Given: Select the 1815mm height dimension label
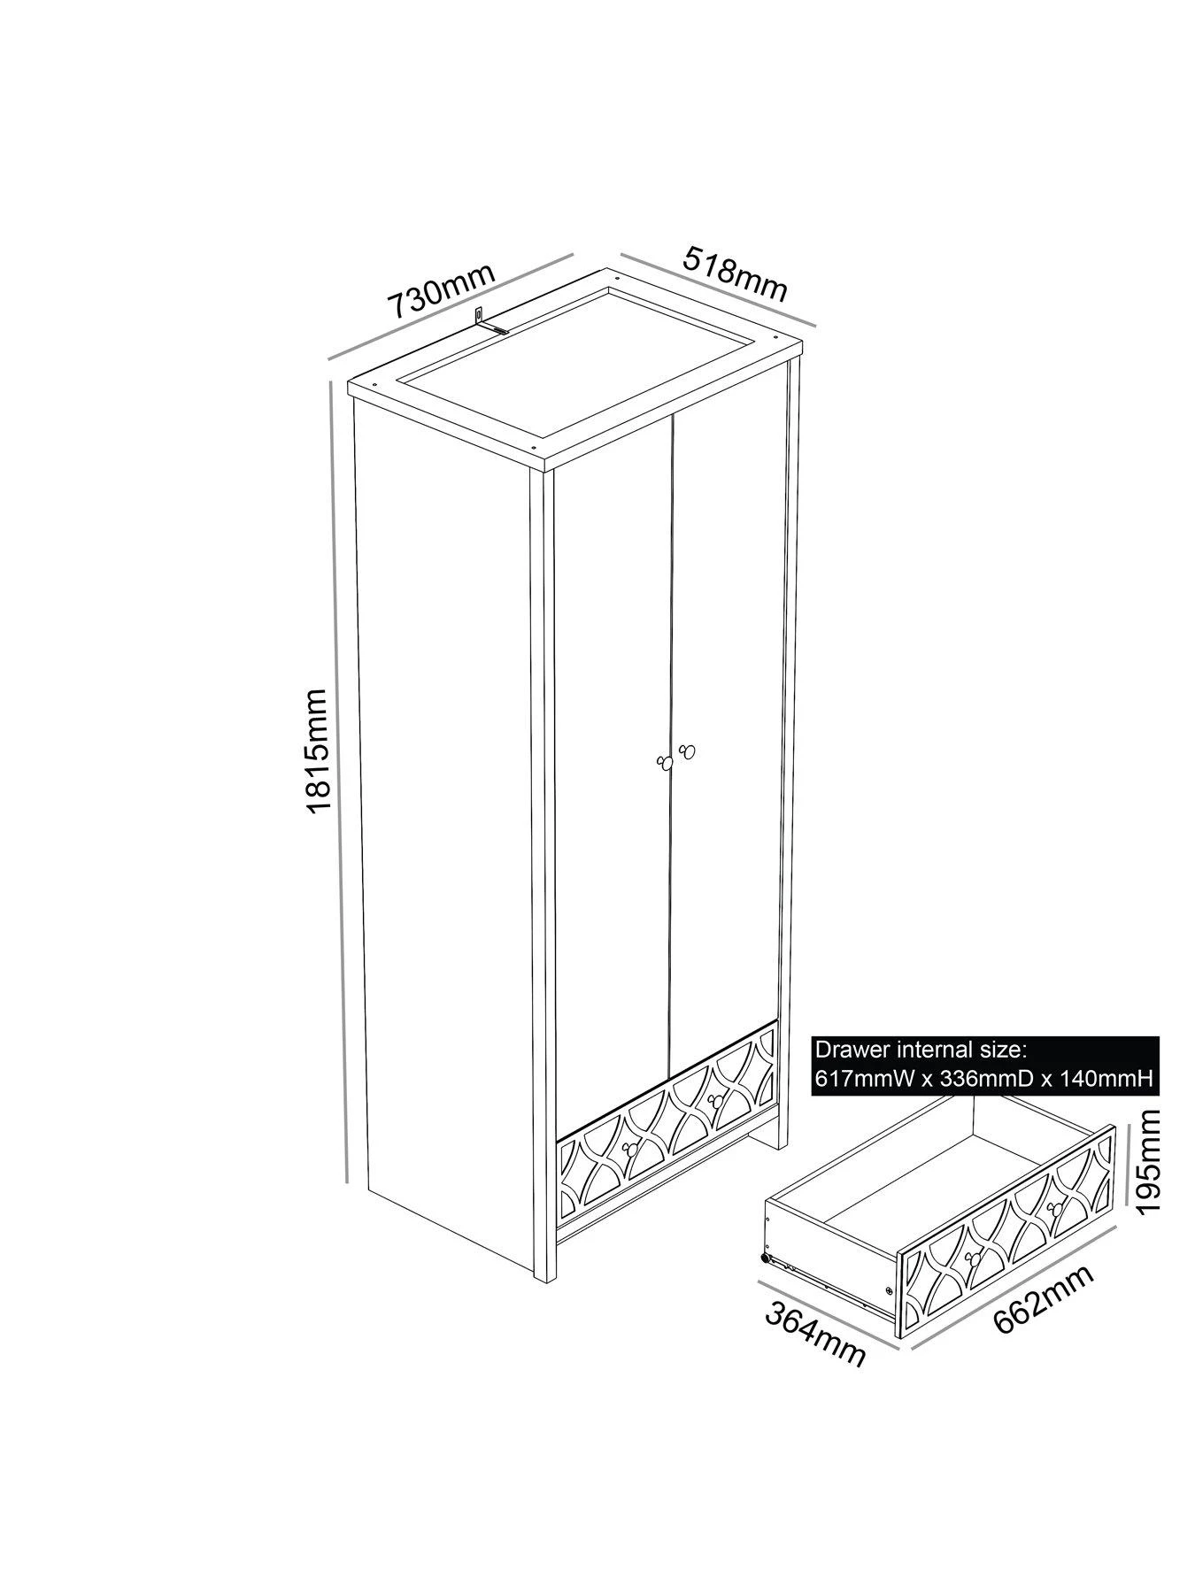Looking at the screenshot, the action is click(x=314, y=750).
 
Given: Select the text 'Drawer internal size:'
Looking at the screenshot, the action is click(x=920, y=1050).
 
